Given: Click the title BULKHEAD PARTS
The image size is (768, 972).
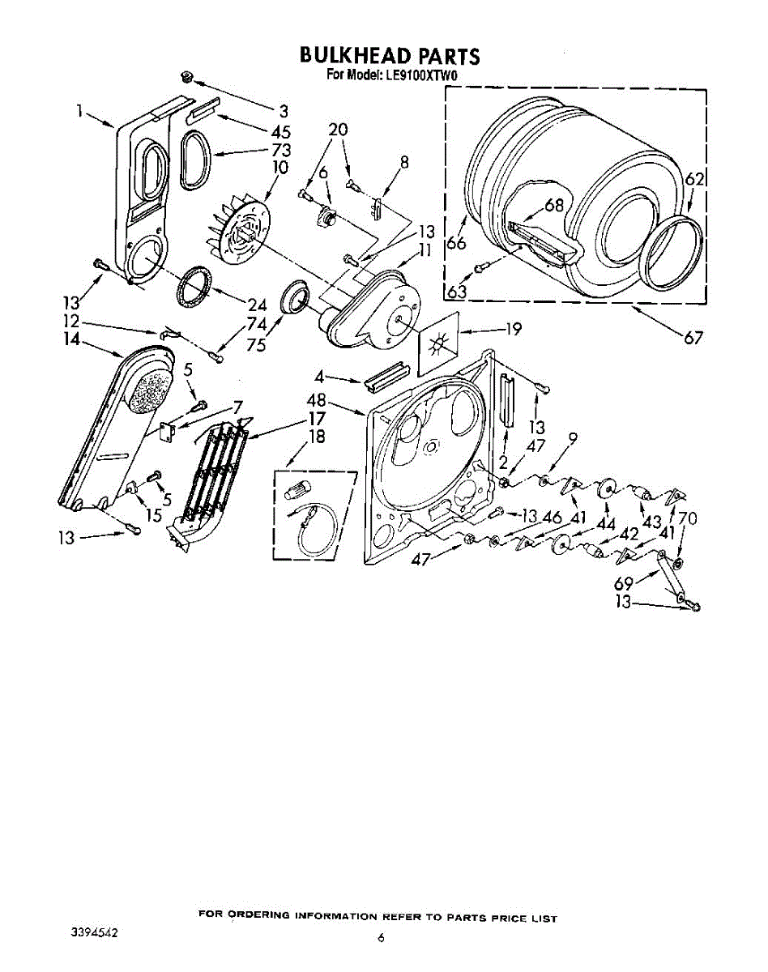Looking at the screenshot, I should click(x=390, y=55).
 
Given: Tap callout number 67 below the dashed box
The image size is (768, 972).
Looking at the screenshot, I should click(x=693, y=338).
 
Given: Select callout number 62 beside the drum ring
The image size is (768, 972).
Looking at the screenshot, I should click(x=693, y=180).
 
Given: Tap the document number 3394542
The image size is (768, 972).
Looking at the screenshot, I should click(x=95, y=932).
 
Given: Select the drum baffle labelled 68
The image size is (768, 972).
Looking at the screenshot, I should click(x=542, y=243).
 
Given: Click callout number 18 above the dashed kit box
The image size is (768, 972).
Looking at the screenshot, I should click(x=317, y=437).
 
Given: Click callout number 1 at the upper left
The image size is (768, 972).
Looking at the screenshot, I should click(x=82, y=113).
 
